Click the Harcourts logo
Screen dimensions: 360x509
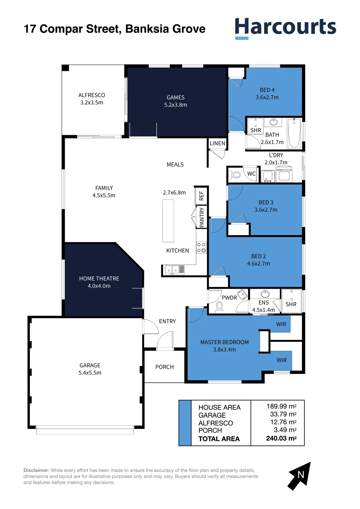285,28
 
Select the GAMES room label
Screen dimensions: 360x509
175,97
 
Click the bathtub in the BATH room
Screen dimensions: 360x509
294,133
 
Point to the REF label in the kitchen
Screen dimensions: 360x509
201,196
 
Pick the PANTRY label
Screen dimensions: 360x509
201,218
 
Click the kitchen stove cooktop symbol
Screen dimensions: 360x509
201,247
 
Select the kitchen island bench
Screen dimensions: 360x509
168,221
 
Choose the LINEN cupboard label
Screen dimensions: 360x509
217,143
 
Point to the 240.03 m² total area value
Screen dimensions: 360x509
281,438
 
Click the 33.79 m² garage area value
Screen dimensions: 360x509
283,414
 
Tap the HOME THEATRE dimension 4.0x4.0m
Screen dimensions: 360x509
99,286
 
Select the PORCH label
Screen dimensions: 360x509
165,367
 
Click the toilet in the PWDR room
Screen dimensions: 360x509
219,307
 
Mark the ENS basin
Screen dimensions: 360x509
265,294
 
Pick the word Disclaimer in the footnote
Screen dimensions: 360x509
36,470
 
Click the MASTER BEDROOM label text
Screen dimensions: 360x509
224,342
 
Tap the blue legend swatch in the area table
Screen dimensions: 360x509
185,423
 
